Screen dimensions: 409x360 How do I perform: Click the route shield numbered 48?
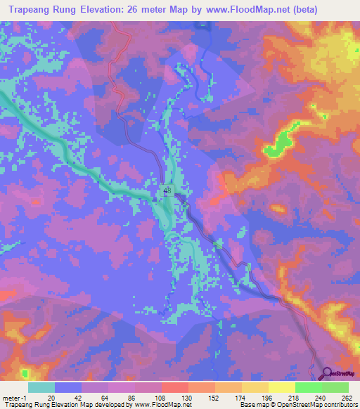click(167, 190)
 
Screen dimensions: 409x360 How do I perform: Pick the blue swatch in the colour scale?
click(69, 387)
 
